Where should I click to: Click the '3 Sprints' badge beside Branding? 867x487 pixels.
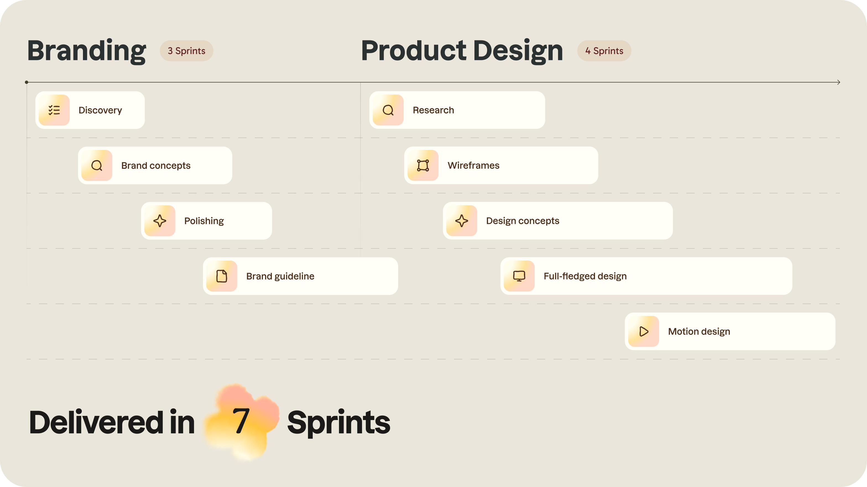pyautogui.click(x=186, y=51)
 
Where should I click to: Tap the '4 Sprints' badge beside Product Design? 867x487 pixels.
pyautogui.click(x=604, y=51)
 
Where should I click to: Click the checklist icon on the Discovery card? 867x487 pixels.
pyautogui.click(x=54, y=110)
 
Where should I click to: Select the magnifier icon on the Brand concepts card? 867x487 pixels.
pyautogui.click(x=96, y=165)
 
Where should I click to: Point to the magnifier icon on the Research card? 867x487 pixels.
pyautogui.click(x=388, y=110)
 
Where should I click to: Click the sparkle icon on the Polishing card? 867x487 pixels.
pyautogui.click(x=160, y=221)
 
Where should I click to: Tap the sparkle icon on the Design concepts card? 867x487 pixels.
pyautogui.click(x=461, y=221)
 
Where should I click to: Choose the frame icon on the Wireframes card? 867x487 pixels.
pyautogui.click(x=423, y=165)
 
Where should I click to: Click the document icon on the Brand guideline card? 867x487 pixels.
pyautogui.click(x=221, y=276)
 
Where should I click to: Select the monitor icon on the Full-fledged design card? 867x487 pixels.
pyautogui.click(x=519, y=276)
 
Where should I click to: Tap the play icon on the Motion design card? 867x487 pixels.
pyautogui.click(x=644, y=331)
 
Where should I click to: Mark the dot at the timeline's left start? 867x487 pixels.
pyautogui.click(x=27, y=82)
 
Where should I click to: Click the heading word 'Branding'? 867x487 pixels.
pyautogui.click(x=87, y=51)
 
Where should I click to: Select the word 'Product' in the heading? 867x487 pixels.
pyautogui.click(x=414, y=51)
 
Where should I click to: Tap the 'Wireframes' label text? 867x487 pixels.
pyautogui.click(x=473, y=165)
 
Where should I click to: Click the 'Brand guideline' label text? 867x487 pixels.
pyautogui.click(x=280, y=276)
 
